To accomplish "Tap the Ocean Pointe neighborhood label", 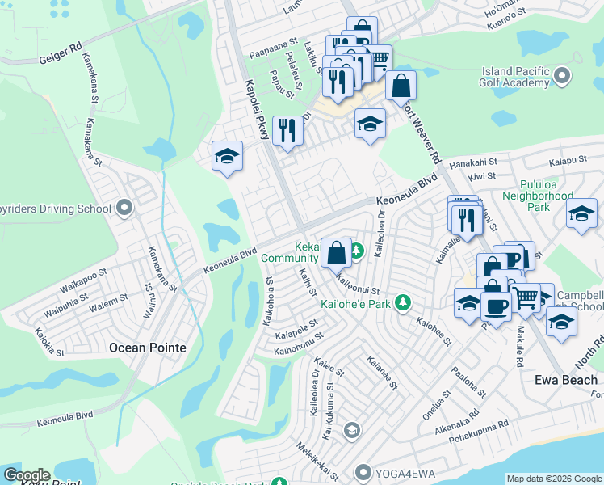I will click(147, 348).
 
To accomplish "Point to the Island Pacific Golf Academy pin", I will click(562, 77).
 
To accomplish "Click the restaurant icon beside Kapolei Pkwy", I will click(287, 130).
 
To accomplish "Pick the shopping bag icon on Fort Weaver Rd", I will click(401, 84).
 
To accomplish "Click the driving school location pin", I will click(124, 209).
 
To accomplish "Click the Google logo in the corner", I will click(26, 475).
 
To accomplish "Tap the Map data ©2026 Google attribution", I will click(554, 479).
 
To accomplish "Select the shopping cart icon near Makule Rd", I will click(526, 298).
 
